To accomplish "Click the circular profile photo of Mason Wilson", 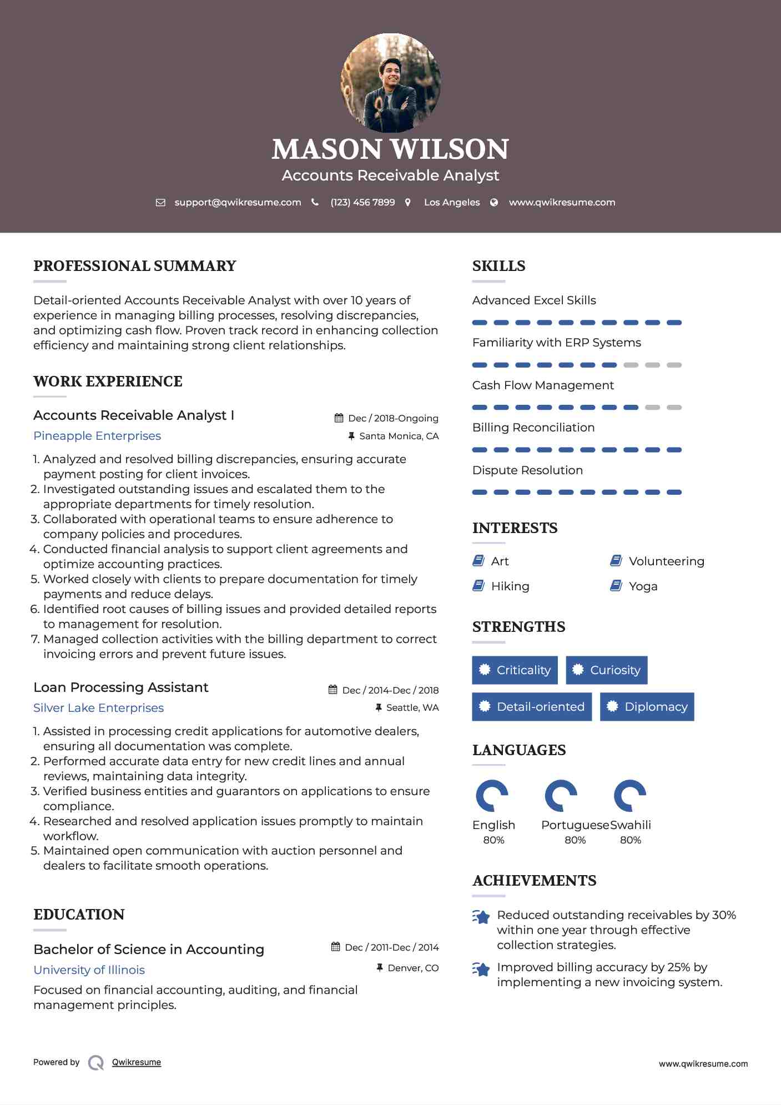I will click(391, 83).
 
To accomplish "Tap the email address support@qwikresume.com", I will click(238, 203).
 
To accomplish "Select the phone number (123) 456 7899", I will click(362, 203).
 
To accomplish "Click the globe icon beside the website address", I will click(494, 203).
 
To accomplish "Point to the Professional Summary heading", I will click(135, 266).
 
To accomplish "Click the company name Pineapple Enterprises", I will click(97, 436).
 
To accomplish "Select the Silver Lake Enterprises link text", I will click(98, 708).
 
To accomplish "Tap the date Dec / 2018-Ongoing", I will click(393, 419).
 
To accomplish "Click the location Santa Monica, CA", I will click(399, 436).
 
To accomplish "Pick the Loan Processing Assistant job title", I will click(120, 687).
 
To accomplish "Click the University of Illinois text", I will click(89, 970).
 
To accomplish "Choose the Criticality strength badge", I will click(515, 670).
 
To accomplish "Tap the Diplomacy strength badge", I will click(647, 707).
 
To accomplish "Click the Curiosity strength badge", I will click(606, 670).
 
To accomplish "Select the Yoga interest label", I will click(643, 586).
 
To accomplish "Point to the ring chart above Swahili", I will click(629, 796).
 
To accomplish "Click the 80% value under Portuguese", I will click(575, 840).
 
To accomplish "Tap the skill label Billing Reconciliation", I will click(533, 428).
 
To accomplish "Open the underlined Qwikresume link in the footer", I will click(137, 1062).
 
